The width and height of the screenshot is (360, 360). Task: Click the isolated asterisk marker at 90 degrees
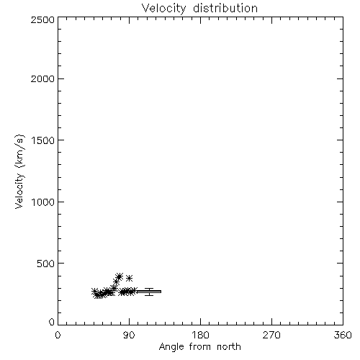(130, 278)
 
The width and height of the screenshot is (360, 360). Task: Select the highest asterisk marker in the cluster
(120, 276)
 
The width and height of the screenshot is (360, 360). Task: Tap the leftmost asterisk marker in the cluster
(95, 291)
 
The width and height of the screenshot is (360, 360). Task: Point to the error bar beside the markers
(149, 292)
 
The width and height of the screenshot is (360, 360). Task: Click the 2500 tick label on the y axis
(42, 19)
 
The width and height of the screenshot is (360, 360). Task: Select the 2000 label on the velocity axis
(42, 78)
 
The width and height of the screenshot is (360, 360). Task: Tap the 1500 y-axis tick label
(43, 140)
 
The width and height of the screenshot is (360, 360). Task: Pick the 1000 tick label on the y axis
(43, 202)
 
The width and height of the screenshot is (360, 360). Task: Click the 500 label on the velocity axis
(46, 264)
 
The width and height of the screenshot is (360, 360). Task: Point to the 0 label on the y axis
(52, 322)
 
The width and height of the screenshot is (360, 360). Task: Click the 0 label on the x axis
(58, 335)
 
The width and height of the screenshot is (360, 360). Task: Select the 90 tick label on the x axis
(129, 335)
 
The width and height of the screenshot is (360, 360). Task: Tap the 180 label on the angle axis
(200, 335)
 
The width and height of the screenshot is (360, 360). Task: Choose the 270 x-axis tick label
(271, 335)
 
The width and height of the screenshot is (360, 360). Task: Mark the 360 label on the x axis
(343, 335)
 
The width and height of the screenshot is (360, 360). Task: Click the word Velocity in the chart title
(163, 9)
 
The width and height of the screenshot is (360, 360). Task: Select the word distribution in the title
(225, 8)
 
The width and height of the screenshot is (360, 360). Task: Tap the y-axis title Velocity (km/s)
(19, 172)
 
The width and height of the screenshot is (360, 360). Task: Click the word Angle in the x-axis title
(171, 347)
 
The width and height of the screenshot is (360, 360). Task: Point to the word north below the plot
(229, 346)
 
